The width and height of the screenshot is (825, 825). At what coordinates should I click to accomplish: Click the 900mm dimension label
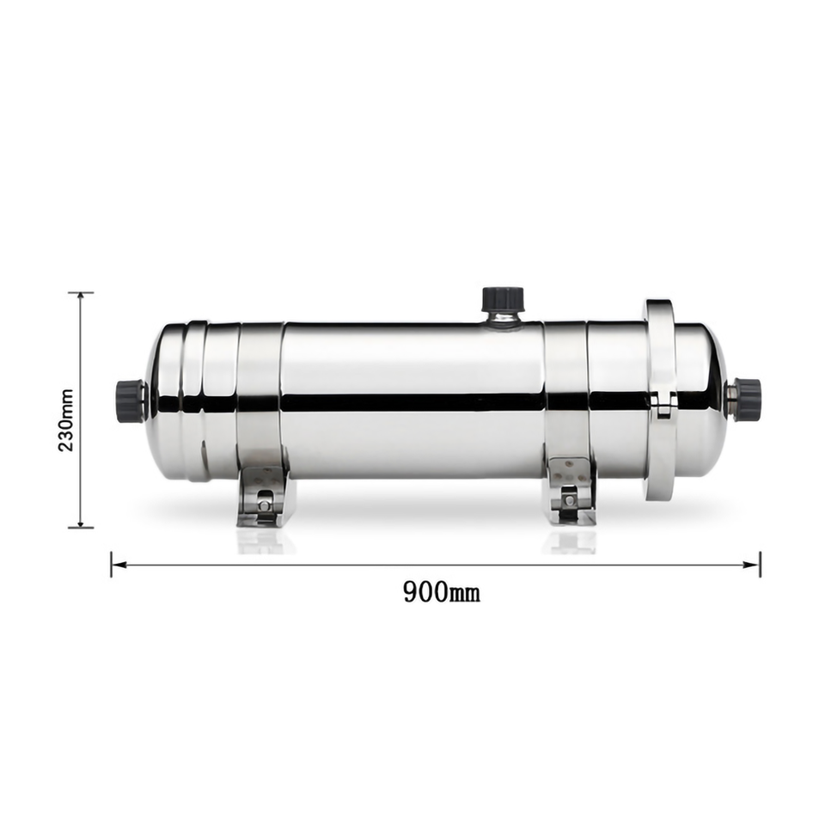click(441, 591)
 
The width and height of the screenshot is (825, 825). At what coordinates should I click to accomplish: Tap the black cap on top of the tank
click(502, 298)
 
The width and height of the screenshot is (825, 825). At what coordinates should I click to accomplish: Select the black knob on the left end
click(129, 401)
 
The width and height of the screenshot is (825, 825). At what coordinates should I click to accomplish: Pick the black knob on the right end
click(748, 398)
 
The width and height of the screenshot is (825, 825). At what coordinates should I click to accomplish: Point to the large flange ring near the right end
click(661, 400)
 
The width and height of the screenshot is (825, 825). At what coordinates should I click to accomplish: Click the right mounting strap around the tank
click(566, 391)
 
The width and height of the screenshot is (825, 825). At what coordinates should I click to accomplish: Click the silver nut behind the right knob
click(730, 397)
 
